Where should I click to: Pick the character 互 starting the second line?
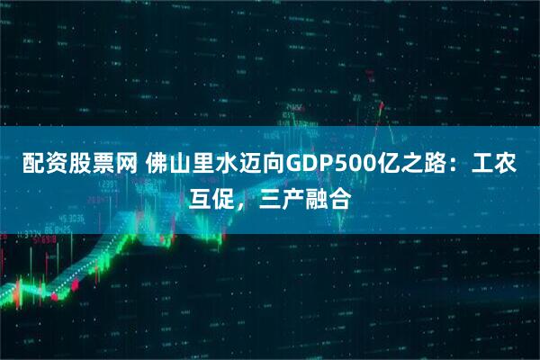[x=200, y=195]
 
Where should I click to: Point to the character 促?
[x=223, y=195]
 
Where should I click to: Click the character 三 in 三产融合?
[x=270, y=195]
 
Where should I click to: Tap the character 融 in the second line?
[x=317, y=195]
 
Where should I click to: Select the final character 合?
[x=340, y=195]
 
